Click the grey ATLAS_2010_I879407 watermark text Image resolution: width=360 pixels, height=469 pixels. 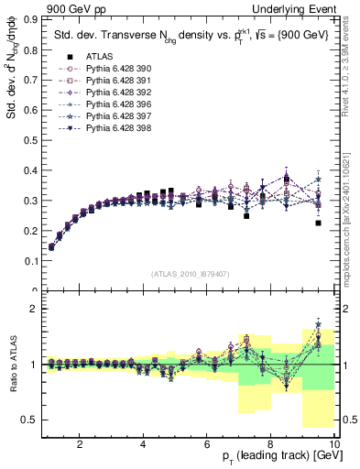(190, 273)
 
